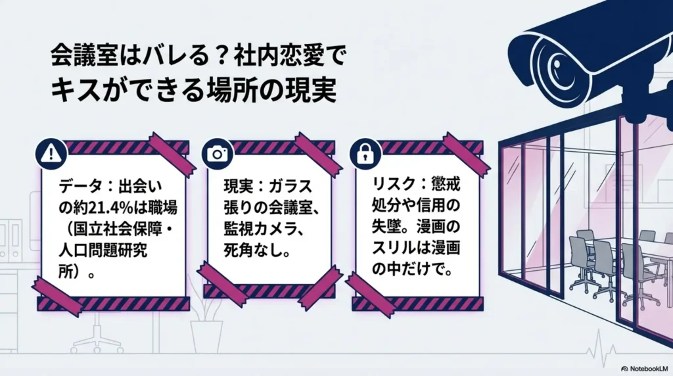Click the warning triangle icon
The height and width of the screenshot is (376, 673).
pos(49,154)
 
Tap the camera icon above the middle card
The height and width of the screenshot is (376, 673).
pos(216,154)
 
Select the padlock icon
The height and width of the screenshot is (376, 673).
pos(363,154)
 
